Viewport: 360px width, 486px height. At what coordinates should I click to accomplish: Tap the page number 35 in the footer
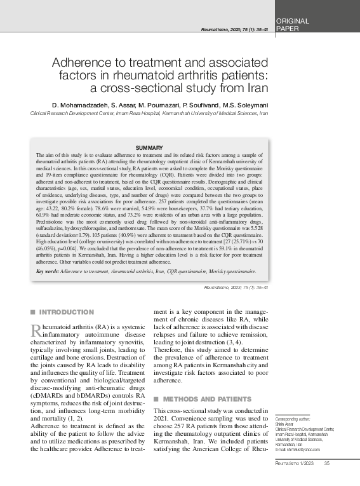point(328,480)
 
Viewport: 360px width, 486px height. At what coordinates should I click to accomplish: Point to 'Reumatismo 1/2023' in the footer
point(294,480)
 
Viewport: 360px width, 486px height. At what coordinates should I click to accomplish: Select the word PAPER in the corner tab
point(288,29)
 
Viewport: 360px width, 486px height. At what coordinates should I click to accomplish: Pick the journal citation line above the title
point(234,30)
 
